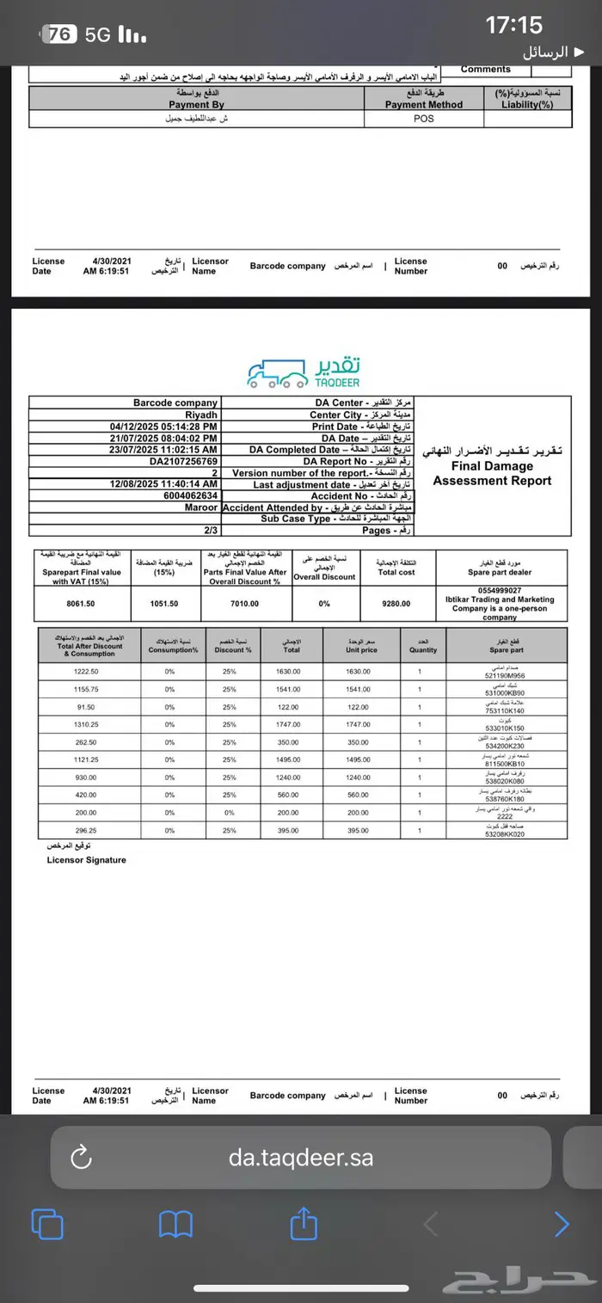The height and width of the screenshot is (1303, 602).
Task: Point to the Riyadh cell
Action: point(203,415)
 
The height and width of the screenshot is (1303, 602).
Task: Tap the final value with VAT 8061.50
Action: point(80,604)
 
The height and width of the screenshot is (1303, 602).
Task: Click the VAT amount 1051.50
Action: point(163,604)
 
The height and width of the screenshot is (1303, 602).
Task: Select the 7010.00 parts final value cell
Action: point(244,604)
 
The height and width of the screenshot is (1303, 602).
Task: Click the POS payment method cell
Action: point(424,119)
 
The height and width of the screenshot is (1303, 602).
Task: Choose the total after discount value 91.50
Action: point(86,707)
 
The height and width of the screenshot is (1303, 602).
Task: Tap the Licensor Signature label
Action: point(86,860)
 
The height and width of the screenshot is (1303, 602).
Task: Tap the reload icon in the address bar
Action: point(81,1158)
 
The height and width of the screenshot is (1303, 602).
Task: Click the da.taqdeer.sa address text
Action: point(301,1158)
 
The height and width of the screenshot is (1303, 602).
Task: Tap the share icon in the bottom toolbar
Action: point(304,1223)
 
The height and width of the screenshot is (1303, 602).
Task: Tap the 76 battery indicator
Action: point(60,34)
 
